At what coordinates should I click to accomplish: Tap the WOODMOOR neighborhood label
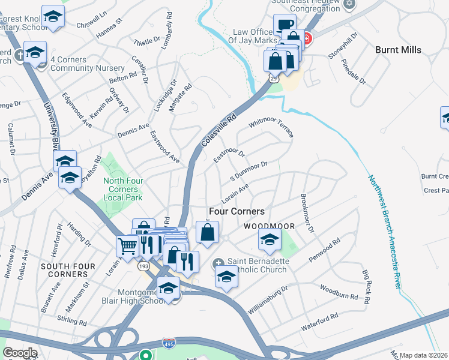tap(268, 226)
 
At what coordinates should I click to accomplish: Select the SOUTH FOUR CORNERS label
tap(64, 270)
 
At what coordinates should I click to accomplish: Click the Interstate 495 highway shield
tap(169, 343)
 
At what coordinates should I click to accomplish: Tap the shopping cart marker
tap(127, 245)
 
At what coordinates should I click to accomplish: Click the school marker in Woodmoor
tap(270, 239)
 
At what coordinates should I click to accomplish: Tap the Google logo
tap(20, 353)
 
